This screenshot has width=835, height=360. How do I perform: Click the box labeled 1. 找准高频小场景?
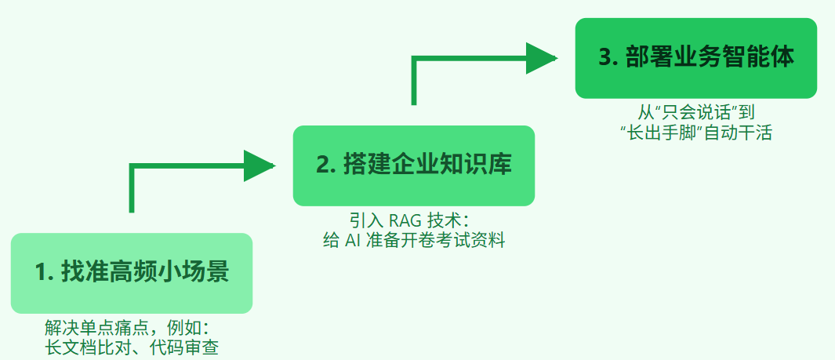pyautogui.click(x=132, y=273)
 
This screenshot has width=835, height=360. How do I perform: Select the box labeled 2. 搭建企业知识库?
pyautogui.click(x=414, y=165)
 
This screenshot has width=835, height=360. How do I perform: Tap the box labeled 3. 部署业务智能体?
pyautogui.click(x=696, y=58)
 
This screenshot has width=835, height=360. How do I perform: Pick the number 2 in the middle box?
pyautogui.click(x=323, y=165)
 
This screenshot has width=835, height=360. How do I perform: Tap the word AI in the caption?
pyautogui.click(x=352, y=240)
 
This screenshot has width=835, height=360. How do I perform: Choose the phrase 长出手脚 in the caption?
pyautogui.click(x=663, y=133)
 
